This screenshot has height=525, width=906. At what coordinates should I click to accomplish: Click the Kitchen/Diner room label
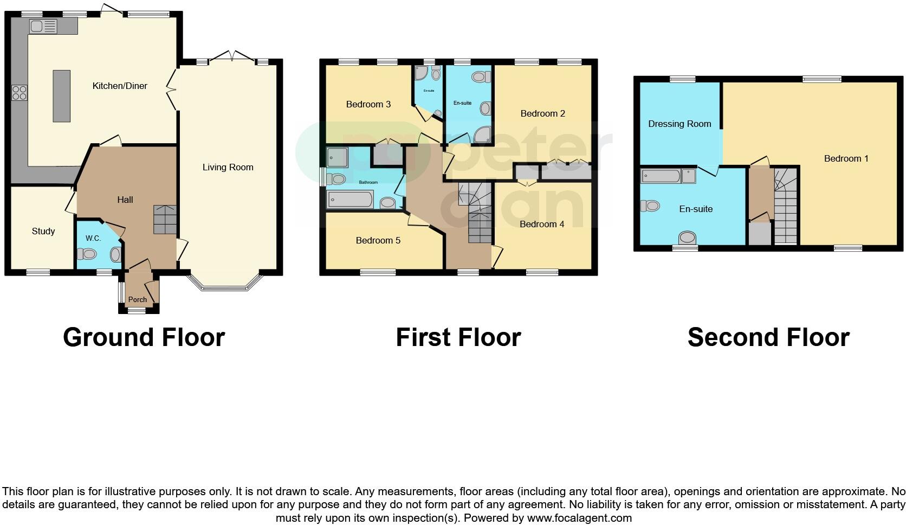pyautogui.click(x=120, y=86)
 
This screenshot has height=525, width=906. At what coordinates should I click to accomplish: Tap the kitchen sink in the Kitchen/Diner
pyautogui.click(x=43, y=26)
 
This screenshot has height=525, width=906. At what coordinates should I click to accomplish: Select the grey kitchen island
pyautogui.click(x=61, y=95)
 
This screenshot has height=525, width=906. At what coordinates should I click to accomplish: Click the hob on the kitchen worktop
pyautogui.click(x=20, y=93)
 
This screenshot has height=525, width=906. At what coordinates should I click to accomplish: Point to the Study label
pyautogui.click(x=43, y=231)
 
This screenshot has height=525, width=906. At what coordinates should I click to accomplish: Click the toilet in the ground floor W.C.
pyautogui.click(x=87, y=253)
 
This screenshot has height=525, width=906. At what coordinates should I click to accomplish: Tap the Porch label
pyautogui.click(x=137, y=299)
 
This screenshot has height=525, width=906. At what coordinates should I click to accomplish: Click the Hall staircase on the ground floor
pyautogui.click(x=165, y=219)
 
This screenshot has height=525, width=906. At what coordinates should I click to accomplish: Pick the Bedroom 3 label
pyautogui.click(x=368, y=104)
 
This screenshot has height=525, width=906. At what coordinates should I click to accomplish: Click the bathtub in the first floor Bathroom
pyautogui.click(x=350, y=200)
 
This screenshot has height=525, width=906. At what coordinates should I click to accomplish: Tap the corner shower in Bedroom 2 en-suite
pyautogui.click(x=481, y=135)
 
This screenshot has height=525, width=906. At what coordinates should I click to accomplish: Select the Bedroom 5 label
pyautogui.click(x=378, y=240)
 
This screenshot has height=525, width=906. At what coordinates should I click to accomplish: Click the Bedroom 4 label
pyautogui.click(x=542, y=224)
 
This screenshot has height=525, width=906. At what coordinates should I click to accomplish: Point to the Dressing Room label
pyautogui.click(x=679, y=124)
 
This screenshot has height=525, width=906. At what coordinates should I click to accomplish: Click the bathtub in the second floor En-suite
pyautogui.click(x=661, y=176)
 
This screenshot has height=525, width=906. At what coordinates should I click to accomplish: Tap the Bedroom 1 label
pyautogui.click(x=846, y=158)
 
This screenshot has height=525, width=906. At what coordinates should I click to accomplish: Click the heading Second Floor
pyautogui.click(x=768, y=337)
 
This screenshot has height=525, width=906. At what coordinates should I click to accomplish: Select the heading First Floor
pyautogui.click(x=458, y=337)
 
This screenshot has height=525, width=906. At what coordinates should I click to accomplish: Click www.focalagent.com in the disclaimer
pyautogui.click(x=579, y=518)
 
